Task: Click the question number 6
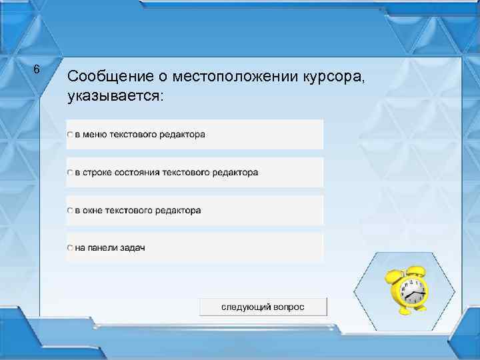pyautogui.click(x=37, y=69)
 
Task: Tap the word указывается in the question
pyautogui.click(x=114, y=95)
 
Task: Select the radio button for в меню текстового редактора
pyautogui.click(x=70, y=135)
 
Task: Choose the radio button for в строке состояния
pyautogui.click(x=70, y=173)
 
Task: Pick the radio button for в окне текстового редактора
pyautogui.click(x=70, y=211)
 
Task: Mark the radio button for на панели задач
pyautogui.click(x=70, y=248)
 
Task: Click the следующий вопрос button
pyautogui.click(x=263, y=307)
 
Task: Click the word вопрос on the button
pyautogui.click(x=289, y=307)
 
